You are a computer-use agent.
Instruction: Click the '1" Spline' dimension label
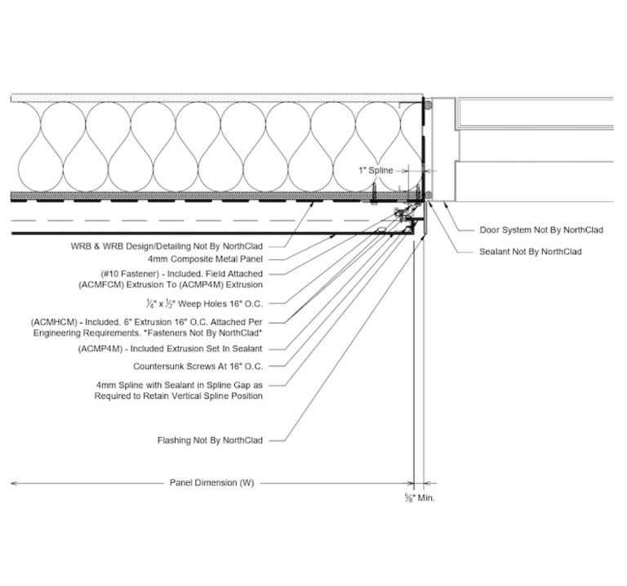pos(376,171)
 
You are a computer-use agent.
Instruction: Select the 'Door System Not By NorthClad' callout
pos(541,230)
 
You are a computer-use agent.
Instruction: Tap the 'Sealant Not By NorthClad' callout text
pos(530,252)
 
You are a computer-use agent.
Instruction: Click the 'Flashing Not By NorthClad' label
pos(210,441)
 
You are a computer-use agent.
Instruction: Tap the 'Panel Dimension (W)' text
pos(212,482)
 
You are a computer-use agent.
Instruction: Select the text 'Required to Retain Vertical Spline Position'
pos(178,396)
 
